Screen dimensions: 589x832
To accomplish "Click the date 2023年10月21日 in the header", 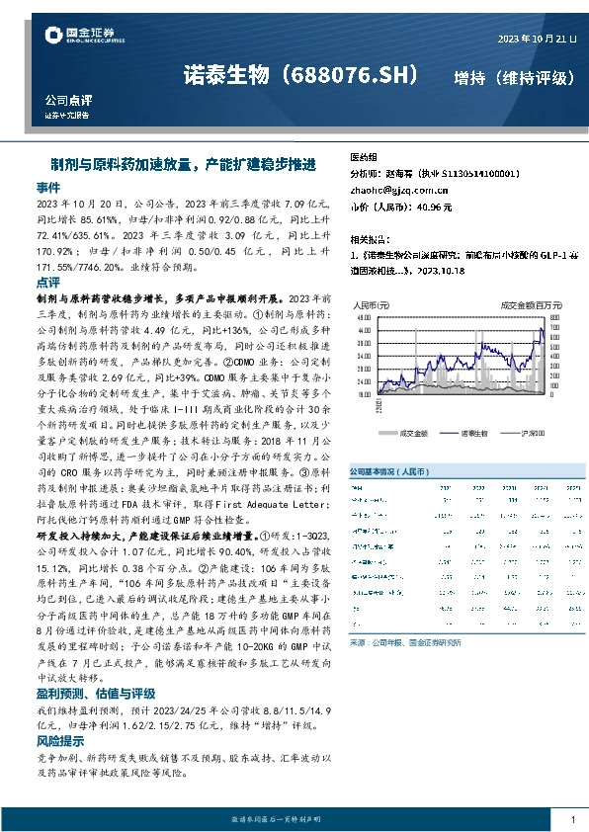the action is [536, 39].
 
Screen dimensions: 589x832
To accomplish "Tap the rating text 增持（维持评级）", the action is [514, 77].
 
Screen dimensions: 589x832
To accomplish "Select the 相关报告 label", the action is [369, 239].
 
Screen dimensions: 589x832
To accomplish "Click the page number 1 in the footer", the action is [572, 818].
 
